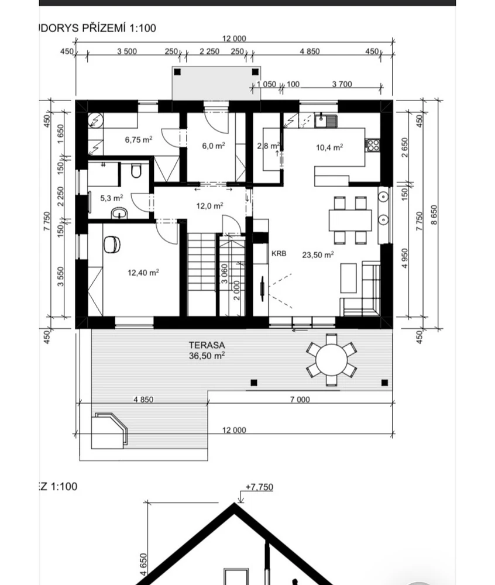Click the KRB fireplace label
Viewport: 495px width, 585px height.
279,254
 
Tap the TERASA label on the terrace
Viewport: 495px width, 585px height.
207,345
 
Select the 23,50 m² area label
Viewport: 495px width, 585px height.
318,255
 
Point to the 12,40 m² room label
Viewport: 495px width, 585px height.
143,273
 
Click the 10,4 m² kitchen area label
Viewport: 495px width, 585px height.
329,147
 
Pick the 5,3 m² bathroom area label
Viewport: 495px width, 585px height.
112,198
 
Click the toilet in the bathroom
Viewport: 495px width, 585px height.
136,171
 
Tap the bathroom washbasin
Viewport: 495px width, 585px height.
119,214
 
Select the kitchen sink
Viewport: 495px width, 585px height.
326,121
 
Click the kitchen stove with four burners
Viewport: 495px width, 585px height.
372,145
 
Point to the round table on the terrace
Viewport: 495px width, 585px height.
331,360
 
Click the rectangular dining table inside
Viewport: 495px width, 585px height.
350,220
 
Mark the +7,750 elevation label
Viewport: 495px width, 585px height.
259,487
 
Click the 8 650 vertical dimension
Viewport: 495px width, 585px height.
434,215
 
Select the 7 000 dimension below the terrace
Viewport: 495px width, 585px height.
300,399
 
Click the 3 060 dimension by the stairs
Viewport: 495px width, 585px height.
224,274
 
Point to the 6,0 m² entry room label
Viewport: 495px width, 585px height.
214,146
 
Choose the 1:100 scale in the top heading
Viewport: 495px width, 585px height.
143,28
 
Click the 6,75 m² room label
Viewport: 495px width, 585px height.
139,140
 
